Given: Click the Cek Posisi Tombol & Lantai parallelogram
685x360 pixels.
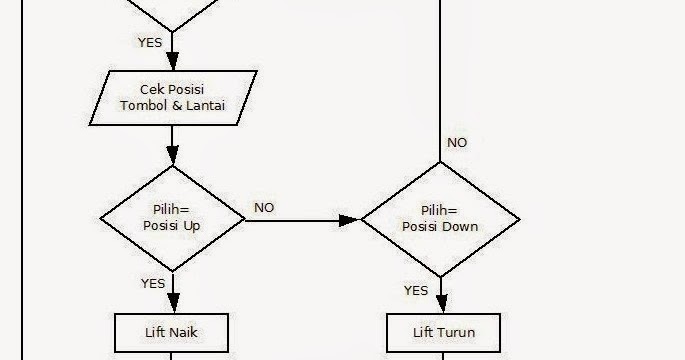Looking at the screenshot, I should click(x=173, y=98).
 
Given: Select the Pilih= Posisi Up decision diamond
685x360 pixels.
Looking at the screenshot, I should click(x=173, y=218).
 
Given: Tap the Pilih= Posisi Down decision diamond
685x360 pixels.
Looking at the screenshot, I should click(x=440, y=218).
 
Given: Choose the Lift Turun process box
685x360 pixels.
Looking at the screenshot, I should click(x=444, y=332).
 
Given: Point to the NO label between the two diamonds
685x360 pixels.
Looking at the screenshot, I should click(x=264, y=208).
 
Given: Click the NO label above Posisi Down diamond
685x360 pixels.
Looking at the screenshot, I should click(x=457, y=143).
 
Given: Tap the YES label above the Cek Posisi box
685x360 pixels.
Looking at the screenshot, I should click(x=149, y=42).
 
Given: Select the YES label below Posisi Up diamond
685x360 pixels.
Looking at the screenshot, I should click(x=153, y=283).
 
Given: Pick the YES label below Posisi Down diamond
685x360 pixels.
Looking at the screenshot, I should click(x=416, y=290).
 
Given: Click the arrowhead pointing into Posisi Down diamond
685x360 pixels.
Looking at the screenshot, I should click(x=351, y=219).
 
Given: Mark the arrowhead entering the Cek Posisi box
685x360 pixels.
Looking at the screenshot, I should click(x=173, y=62).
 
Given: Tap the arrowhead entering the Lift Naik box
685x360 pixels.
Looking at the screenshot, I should click(x=173, y=306).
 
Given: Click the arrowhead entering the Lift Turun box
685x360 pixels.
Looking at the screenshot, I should click(x=440, y=307).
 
